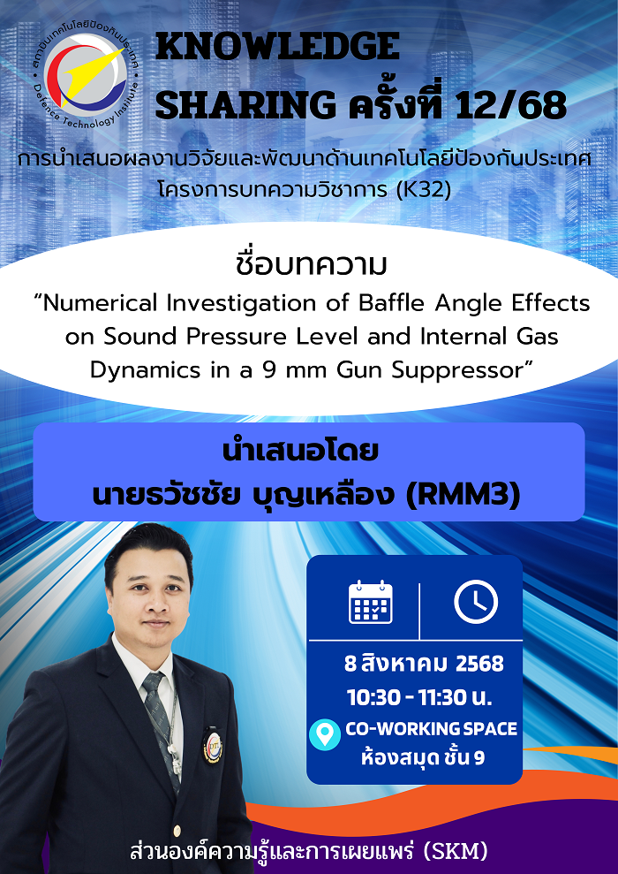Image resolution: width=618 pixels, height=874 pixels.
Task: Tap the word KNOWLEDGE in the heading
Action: (278, 46)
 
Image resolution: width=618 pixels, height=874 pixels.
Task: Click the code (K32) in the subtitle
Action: (423, 189)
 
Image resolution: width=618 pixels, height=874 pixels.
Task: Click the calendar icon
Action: (370, 602)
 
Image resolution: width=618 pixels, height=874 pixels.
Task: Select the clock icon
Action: (476, 602)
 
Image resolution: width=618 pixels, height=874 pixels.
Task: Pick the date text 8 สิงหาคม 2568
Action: (425, 664)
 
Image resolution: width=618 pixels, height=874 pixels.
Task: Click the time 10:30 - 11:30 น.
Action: (419, 697)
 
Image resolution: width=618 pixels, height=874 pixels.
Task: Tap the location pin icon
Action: (325, 734)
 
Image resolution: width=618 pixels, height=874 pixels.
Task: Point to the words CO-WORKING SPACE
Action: (432, 728)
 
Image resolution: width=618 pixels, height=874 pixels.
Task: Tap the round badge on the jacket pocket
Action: (213, 746)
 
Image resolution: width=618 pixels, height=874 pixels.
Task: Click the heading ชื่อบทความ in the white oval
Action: (311, 265)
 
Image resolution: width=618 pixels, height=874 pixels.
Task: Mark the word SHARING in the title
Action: (245, 104)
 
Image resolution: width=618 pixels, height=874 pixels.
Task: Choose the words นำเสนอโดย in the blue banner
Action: (301, 452)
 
